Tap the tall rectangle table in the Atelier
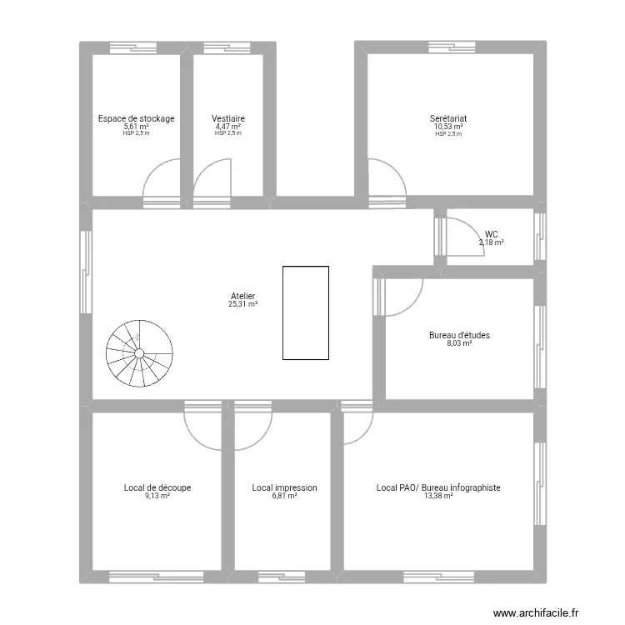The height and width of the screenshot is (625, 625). point(305,312)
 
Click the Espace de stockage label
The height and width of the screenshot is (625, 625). point(136,118)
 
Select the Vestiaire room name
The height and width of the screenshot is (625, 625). point(227,118)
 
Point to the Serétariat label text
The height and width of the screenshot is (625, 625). point(448,118)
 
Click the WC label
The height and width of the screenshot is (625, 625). point(492,234)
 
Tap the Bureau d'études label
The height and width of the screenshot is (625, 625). point(459,335)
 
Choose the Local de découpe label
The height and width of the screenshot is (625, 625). point(157,487)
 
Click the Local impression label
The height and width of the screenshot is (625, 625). point(284,487)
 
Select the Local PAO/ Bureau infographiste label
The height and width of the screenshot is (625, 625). point(438,487)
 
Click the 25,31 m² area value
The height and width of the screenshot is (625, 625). point(242,304)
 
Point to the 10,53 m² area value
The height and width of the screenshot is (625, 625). point(448,127)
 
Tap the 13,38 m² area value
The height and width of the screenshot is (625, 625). point(438,496)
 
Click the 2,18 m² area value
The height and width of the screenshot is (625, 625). point(491,242)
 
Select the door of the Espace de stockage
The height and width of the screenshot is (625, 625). point(162,179)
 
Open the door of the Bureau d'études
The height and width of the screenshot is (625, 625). point(402,296)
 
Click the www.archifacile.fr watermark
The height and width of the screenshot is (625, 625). point(535,612)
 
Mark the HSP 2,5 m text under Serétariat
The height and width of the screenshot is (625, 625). point(448,133)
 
